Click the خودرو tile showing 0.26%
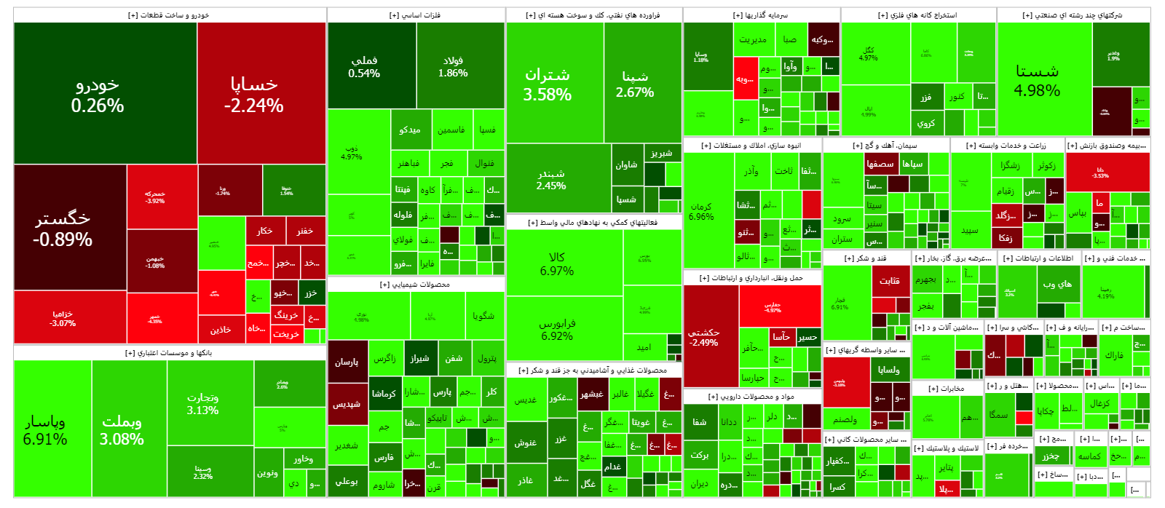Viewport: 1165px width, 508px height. pyautogui.click(x=98, y=95)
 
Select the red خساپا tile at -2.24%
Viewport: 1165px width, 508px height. pyautogui.click(x=253, y=95)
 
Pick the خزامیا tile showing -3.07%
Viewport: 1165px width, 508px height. pyautogui.click(x=63, y=318)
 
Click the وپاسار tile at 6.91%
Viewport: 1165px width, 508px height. pyautogui.click(x=45, y=430)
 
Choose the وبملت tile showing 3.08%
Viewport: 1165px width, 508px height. pyautogui.click(x=122, y=430)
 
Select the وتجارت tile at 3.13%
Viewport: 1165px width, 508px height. pyautogui.click(x=202, y=403)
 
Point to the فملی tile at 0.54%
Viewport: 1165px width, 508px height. pyautogui.click(x=364, y=66)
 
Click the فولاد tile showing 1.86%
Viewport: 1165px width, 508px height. pyautogui.click(x=453, y=66)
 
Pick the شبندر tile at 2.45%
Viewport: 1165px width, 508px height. pyautogui.click(x=551, y=179)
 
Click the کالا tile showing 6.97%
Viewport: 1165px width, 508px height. pyautogui.click(x=557, y=263)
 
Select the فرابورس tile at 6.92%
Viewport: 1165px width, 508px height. pyautogui.click(x=557, y=329)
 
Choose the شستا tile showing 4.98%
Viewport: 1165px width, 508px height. pyautogui.click(x=1037, y=80)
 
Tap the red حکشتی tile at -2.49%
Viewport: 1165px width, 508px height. pyautogui.click(x=704, y=337)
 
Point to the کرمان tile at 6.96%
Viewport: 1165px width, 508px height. pyautogui.click(x=701, y=211)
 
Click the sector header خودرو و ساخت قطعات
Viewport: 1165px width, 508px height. pyautogui.click(x=169, y=15)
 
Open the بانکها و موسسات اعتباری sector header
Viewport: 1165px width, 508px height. pyautogui.click(x=169, y=353)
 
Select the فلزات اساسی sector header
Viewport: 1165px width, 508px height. pyautogui.click(x=415, y=15)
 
